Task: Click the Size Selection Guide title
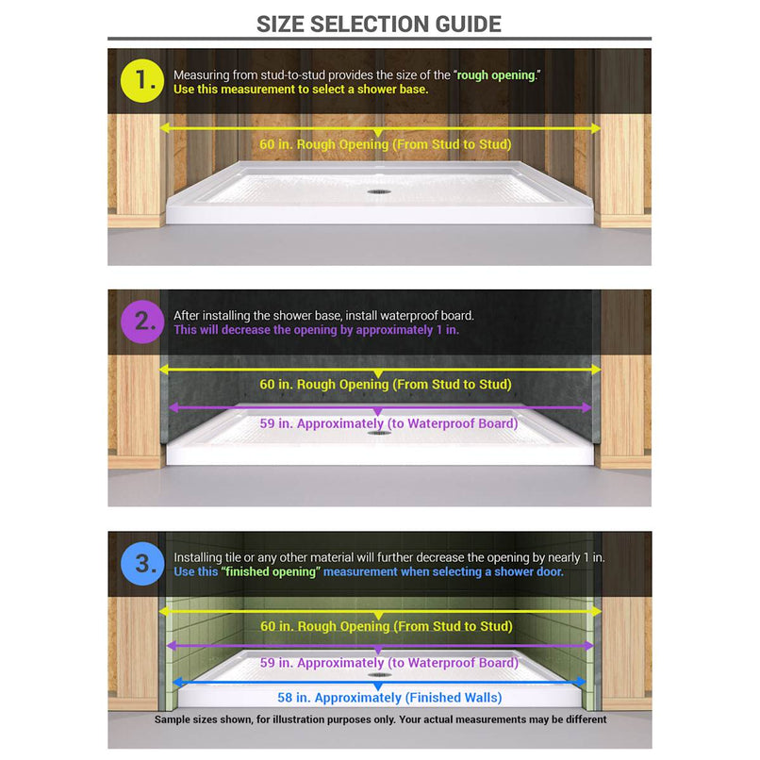click(x=379, y=24)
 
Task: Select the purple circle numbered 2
click(x=144, y=322)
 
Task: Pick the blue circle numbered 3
click(x=144, y=564)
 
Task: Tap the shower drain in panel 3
click(x=379, y=674)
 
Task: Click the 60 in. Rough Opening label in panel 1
click(x=386, y=145)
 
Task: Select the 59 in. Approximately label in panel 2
click(x=388, y=424)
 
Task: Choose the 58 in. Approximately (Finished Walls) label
click(x=388, y=698)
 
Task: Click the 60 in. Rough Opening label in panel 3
click(x=386, y=627)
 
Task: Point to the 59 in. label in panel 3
click(x=388, y=663)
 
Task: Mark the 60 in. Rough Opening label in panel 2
click(x=386, y=385)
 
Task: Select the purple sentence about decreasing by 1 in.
click(x=316, y=331)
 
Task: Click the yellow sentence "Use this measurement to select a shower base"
click(x=300, y=90)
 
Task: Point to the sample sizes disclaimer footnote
click(x=380, y=719)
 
